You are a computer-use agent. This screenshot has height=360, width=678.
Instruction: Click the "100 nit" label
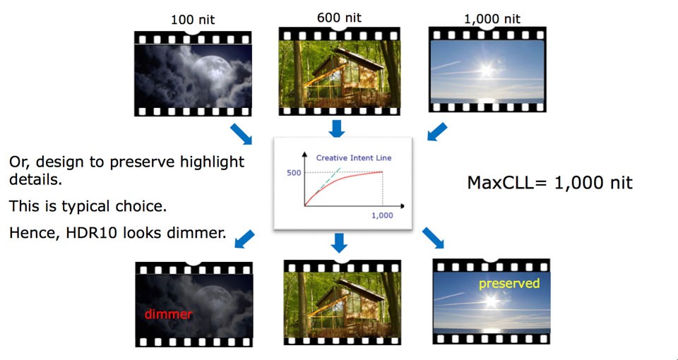pos(192,20)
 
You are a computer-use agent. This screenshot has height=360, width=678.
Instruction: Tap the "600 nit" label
pos(339,18)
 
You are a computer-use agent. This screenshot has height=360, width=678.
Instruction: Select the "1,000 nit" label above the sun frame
pos(492,19)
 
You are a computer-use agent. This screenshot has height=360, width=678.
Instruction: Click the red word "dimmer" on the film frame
pos(168,314)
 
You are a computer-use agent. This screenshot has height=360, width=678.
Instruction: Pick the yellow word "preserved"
pos(509,284)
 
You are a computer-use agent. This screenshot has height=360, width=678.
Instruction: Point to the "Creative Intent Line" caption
pos(354,157)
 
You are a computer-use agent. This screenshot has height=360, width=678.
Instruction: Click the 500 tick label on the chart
pos(294,172)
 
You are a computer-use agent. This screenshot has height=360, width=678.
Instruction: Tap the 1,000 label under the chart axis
pos(382,215)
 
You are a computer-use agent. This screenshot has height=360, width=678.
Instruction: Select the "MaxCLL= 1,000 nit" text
pos(549,183)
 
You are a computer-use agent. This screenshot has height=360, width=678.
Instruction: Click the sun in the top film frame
pos(487,69)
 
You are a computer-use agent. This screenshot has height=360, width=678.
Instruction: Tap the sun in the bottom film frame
pos(492,301)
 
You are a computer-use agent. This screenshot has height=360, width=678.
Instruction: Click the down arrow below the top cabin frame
pos(337,128)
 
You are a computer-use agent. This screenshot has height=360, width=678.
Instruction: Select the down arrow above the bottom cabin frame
pos(339,244)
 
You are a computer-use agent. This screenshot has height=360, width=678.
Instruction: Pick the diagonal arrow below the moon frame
pos(241,134)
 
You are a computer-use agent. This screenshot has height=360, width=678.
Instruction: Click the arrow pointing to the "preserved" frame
pos(433,238)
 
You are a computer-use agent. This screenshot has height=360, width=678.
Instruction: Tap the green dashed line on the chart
pos(328,179)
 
